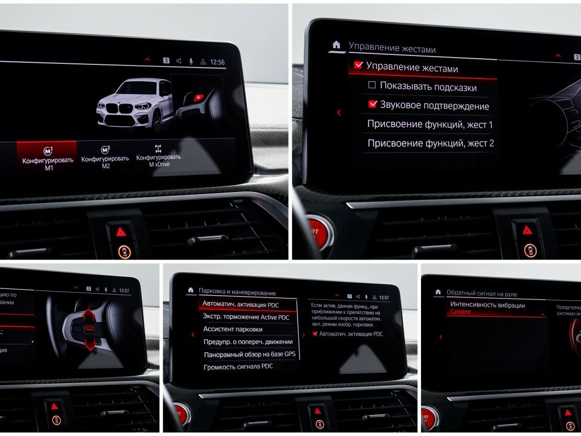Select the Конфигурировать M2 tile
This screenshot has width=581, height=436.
pos(105,158)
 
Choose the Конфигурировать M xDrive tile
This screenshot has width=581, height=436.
pos(158,157)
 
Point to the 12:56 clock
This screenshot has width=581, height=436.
pos(217,62)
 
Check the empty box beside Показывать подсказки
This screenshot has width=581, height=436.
pos(372,85)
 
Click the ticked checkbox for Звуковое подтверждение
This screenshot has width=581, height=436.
pos(372,105)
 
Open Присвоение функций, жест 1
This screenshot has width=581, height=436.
pos(429,125)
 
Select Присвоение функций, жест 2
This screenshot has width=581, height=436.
pos(430,143)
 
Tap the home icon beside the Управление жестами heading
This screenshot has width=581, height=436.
pos(336,45)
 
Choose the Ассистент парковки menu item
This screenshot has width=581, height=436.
pos(233,329)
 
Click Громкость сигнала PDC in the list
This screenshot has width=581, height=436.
pos(238,366)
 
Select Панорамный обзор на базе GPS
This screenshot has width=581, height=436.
pos(249,354)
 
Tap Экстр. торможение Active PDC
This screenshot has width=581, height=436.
pos(246,317)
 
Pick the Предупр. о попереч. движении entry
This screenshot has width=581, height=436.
pos(248,342)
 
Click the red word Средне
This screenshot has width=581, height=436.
pos(460,312)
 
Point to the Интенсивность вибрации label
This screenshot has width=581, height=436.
pos(487,305)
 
